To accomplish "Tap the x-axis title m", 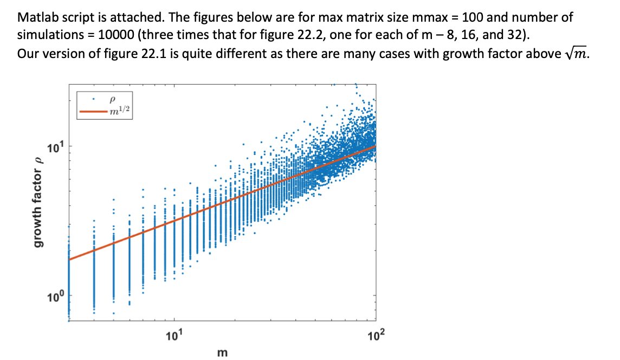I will [222, 353].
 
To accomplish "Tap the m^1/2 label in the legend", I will [118, 111].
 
